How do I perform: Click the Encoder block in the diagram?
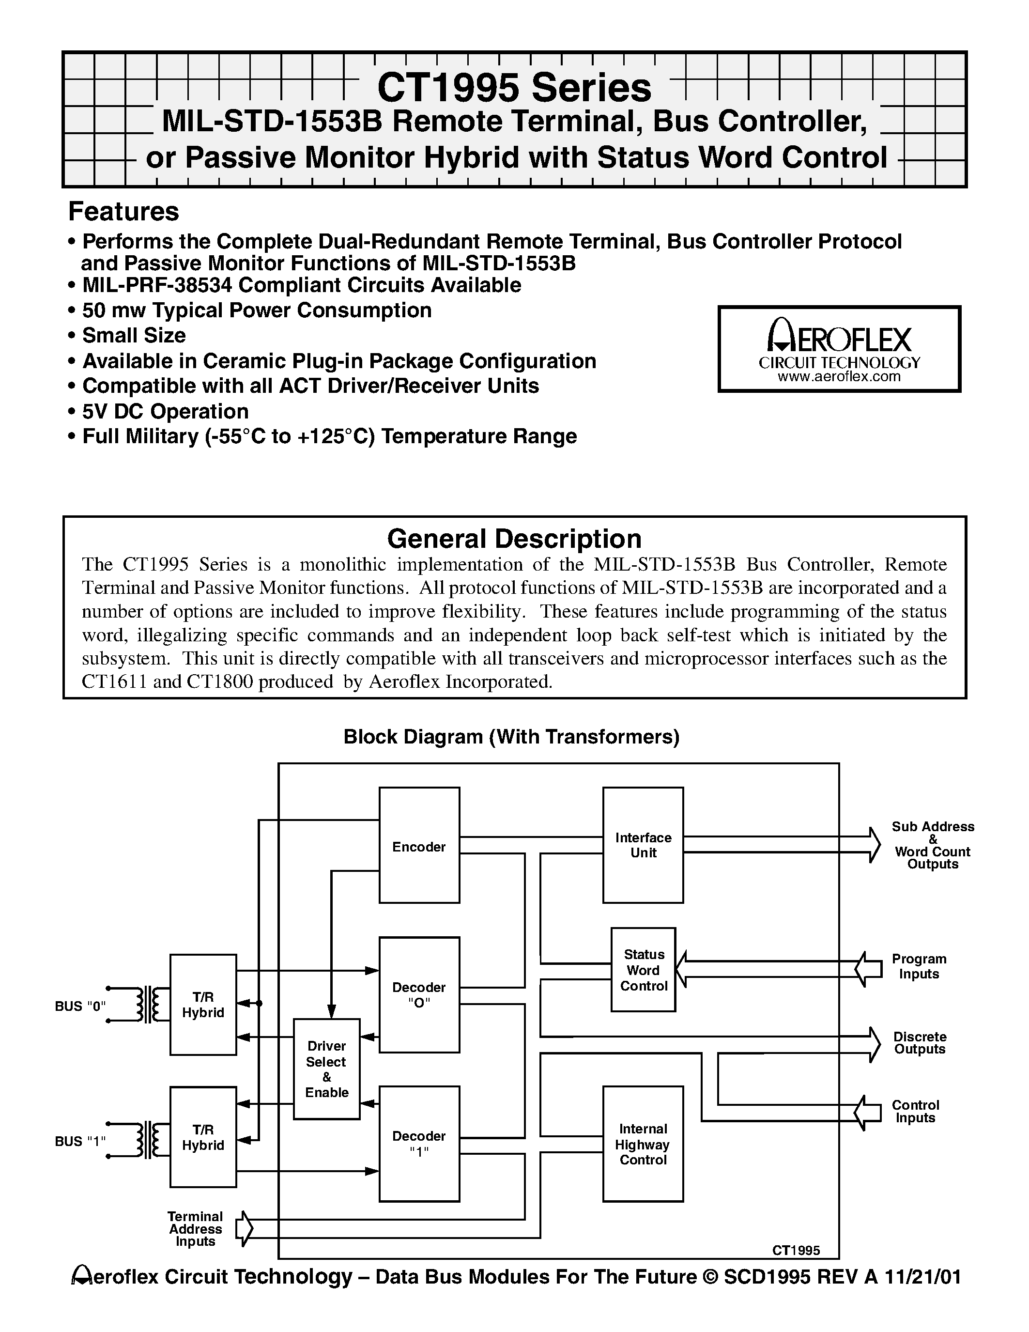419,846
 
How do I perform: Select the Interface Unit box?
643,845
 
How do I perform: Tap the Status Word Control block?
643,970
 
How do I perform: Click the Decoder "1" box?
419,1144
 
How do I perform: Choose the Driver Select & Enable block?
327,1069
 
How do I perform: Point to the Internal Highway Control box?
643,1144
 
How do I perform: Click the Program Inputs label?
919,966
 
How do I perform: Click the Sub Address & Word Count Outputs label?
932,845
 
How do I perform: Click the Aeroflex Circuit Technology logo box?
839,349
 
